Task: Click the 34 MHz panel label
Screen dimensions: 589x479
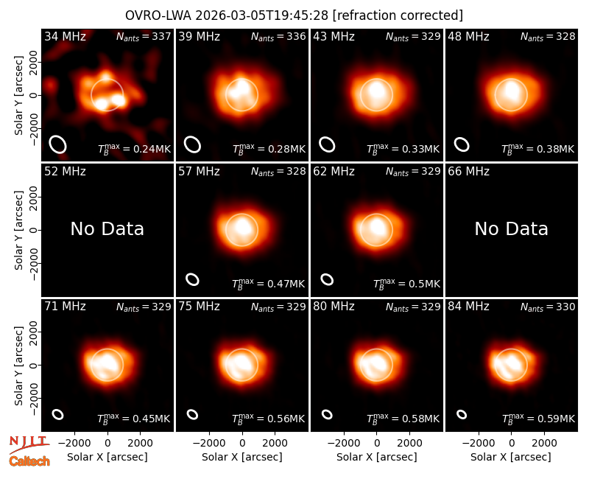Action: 65,36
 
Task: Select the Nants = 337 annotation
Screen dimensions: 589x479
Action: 144,36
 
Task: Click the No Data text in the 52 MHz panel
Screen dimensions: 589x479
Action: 107,229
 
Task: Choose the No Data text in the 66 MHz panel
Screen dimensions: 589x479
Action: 512,229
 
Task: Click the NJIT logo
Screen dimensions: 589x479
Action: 29,444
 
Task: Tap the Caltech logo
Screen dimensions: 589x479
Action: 29,461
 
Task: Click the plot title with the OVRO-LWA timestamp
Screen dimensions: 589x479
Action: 294,15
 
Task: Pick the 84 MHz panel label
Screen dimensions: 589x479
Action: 468,307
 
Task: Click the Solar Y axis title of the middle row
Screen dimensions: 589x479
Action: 18,230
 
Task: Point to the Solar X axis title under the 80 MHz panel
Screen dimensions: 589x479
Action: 377,457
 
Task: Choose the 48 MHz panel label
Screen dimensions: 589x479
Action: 468,36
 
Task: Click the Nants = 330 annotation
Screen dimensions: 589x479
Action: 548,307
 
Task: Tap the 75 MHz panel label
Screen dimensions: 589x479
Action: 199,307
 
